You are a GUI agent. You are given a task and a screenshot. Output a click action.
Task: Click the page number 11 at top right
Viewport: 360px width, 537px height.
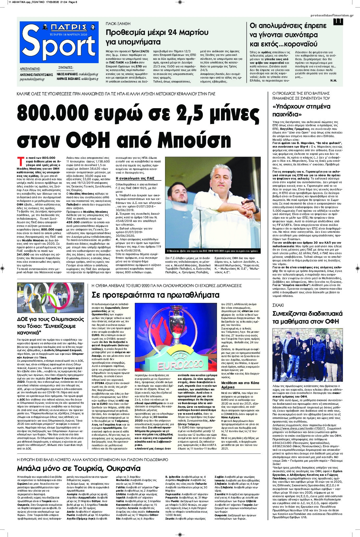pos(338,21)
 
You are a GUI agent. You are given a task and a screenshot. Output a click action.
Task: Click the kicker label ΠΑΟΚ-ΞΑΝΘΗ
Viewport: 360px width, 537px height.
pos(118,24)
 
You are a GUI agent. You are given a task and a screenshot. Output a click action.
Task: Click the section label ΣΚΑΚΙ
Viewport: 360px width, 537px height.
pos(278,305)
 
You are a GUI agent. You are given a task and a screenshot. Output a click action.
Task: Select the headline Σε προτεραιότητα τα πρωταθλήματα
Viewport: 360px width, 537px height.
pos(155,295)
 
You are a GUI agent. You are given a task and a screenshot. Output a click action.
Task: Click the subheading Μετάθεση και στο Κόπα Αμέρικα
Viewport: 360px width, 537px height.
pos(240,385)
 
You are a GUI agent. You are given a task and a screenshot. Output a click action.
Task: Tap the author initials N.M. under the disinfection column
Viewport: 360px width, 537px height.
pos(333,81)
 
